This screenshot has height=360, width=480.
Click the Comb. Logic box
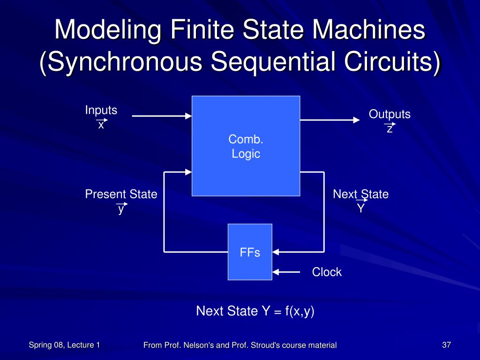click(x=246, y=146)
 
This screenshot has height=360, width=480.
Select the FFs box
click(x=250, y=252)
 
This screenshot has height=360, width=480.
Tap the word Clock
click(x=327, y=272)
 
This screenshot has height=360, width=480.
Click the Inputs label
click(x=101, y=110)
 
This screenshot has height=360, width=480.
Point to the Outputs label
click(x=390, y=114)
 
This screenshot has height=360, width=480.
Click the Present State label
click(x=121, y=194)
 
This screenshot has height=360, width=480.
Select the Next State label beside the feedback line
click(x=360, y=194)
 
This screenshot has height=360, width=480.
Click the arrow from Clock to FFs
click(x=286, y=272)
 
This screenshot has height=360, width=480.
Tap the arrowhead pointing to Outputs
click(x=356, y=120)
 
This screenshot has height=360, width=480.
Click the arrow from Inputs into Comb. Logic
click(x=162, y=116)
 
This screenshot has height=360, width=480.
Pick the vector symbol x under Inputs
click(x=101, y=123)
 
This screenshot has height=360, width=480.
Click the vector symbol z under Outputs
click(x=390, y=127)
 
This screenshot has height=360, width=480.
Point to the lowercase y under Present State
click(x=121, y=209)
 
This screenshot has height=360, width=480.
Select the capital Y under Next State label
click(x=361, y=207)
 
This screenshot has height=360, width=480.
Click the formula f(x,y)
click(x=300, y=311)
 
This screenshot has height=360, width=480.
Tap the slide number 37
click(x=446, y=345)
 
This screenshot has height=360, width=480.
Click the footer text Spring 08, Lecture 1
click(x=64, y=345)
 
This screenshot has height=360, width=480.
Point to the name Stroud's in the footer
click(x=265, y=345)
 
